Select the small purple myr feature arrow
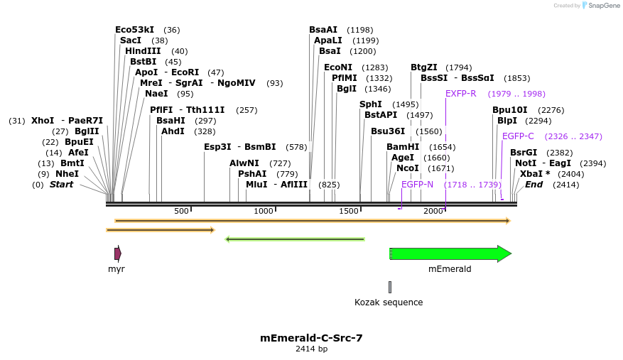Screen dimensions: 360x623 click(x=117, y=253)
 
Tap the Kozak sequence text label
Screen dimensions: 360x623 click(x=389, y=302)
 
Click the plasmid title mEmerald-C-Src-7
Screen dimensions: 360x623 click(x=311, y=338)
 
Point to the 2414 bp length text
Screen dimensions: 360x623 click(x=311, y=349)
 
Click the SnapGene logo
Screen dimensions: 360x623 click(x=600, y=6)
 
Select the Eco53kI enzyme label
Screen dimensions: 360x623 click(x=134, y=30)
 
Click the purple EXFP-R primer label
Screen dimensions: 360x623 click(x=460, y=94)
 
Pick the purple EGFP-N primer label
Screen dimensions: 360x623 click(x=417, y=185)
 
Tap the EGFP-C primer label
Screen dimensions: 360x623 click(x=518, y=136)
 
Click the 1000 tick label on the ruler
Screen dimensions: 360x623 click(x=264, y=212)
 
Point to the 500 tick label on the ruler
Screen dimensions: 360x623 click(x=181, y=212)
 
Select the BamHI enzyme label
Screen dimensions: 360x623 click(x=401, y=147)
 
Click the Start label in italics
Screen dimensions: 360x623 click(x=61, y=185)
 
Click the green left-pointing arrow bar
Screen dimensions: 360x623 click(x=295, y=239)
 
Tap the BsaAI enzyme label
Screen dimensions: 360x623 click(x=323, y=30)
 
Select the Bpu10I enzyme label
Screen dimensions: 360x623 click(x=509, y=110)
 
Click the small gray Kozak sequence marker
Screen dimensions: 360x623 click(x=389, y=287)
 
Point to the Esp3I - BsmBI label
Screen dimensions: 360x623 click(x=239, y=147)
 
